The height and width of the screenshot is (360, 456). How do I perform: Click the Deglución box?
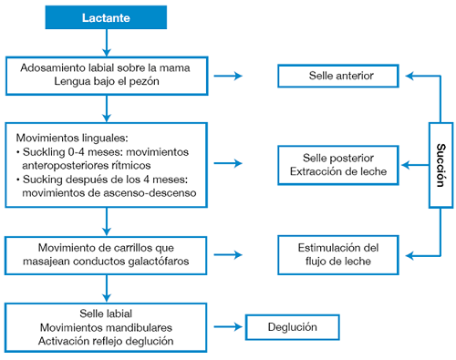coord(293,326)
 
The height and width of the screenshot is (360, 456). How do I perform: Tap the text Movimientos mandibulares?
coord(106,326)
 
